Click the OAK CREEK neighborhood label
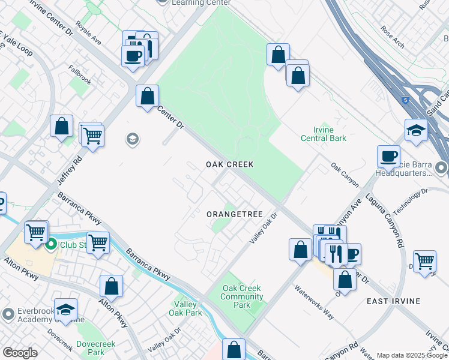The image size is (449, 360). [x=230, y=164]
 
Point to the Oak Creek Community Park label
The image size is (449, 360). [x=242, y=296]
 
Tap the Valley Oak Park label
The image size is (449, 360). [x=185, y=308]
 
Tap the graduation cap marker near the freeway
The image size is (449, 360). [x=416, y=131]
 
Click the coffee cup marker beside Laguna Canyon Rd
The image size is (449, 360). [x=389, y=156]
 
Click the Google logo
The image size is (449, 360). [x=20, y=353]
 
